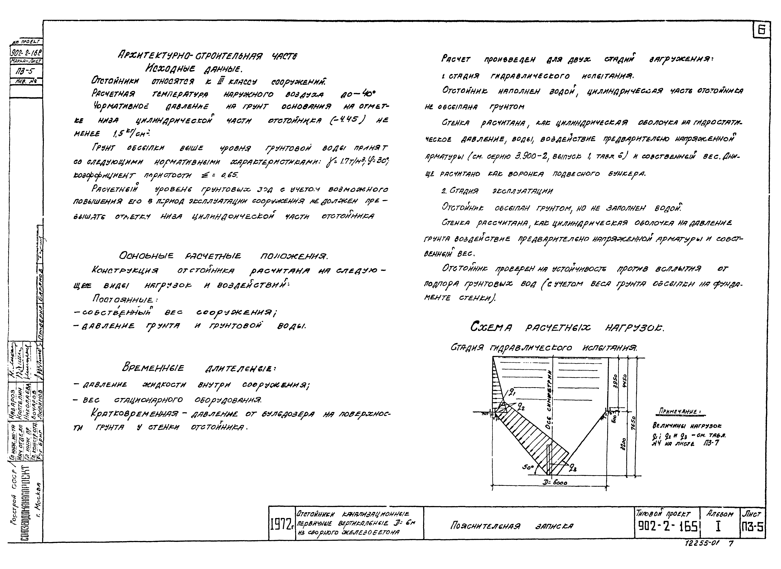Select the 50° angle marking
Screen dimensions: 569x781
[527, 467]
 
